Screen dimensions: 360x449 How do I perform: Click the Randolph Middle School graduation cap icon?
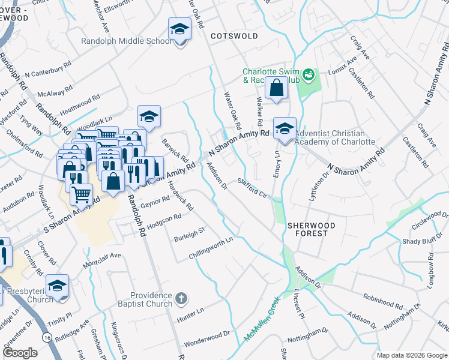[x=179, y=29]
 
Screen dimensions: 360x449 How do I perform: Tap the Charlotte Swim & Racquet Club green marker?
[x=309, y=74]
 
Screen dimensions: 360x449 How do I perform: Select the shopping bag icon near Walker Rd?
[x=276, y=88]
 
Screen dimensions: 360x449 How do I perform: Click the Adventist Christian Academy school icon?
[x=285, y=128]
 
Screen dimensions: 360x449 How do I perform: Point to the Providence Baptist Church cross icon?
[x=182, y=298]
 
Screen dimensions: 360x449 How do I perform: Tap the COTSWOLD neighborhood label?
[x=235, y=36]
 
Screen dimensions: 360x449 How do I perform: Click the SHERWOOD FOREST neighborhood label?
[x=307, y=228]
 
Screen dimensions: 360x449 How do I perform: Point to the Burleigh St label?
[x=190, y=233]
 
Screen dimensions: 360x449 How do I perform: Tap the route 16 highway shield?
[x=46, y=322]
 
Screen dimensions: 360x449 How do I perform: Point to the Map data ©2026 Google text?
[x=411, y=355]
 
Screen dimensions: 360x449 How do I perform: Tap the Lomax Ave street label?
[x=342, y=68]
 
